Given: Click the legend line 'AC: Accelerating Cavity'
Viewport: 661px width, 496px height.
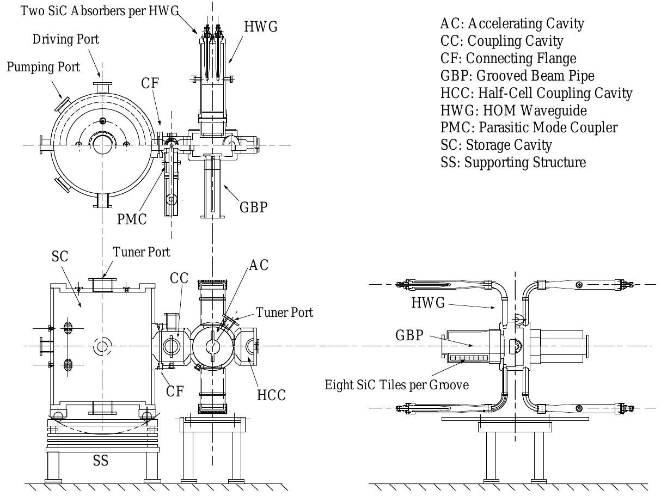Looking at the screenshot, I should [511, 24].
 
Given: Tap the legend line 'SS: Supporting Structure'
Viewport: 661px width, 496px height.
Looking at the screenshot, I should [512, 162].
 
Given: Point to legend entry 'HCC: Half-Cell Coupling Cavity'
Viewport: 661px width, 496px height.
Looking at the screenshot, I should [536, 93].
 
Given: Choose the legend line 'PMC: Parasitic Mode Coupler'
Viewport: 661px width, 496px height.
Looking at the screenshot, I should [528, 128].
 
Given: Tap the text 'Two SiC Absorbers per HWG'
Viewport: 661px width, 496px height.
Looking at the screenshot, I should [100, 10].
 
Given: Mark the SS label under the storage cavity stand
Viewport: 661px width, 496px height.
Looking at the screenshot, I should [100, 461].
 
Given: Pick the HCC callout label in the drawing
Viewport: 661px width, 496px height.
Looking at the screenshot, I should [271, 394].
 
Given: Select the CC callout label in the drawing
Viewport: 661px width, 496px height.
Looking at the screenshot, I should [180, 278].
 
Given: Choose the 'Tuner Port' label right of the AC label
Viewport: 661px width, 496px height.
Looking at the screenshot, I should [285, 313].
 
